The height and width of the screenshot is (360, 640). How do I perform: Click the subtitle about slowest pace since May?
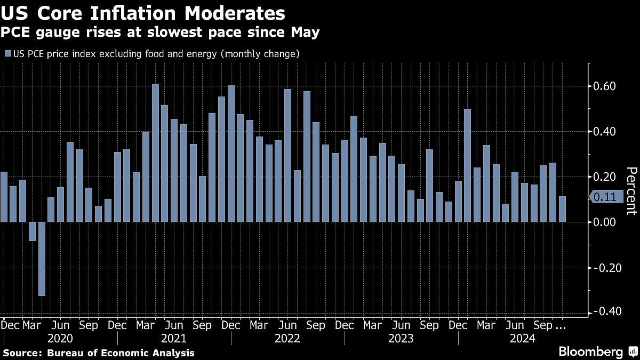tap(159, 33)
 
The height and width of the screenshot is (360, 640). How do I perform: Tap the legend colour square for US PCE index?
tap(7, 54)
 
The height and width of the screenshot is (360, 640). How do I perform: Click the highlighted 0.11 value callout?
tap(604, 197)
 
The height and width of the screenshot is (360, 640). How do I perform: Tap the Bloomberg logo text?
tap(590, 351)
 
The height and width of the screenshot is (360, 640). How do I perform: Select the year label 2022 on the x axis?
tap(287, 339)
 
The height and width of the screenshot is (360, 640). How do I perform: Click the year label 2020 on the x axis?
tap(60, 339)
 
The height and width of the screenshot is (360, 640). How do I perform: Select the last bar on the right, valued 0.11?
tap(562, 209)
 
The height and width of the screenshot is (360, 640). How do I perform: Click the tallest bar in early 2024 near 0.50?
tap(467, 165)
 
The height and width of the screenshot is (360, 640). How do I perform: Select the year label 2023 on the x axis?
tap(401, 339)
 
